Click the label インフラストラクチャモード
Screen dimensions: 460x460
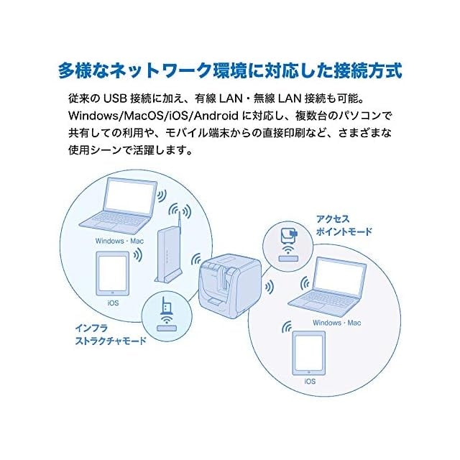110,334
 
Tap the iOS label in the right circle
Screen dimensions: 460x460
310,381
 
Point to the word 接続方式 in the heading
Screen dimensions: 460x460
367,71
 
